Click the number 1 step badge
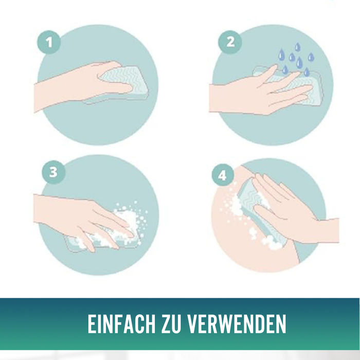[50, 43]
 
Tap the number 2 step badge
[230, 42]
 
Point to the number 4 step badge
[222, 175]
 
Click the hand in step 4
[288, 206]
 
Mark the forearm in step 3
[51, 208]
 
